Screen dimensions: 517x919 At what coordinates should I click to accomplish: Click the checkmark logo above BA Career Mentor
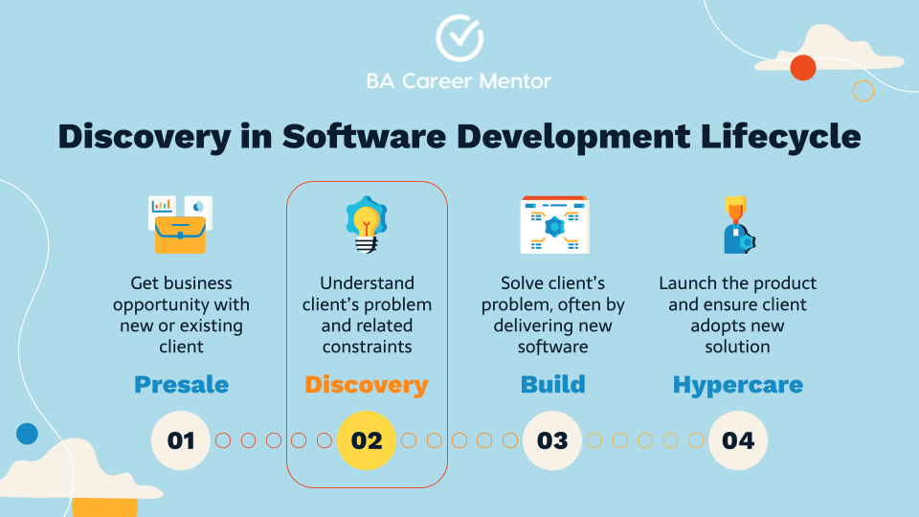click(x=459, y=36)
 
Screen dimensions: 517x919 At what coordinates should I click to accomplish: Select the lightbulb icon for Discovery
click(x=364, y=225)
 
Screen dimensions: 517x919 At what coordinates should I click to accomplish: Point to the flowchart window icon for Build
click(x=553, y=225)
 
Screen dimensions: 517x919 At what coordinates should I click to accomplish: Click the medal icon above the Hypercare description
click(x=735, y=226)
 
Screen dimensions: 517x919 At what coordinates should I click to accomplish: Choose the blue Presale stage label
click(x=181, y=385)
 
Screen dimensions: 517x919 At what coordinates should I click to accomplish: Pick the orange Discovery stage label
click(x=366, y=385)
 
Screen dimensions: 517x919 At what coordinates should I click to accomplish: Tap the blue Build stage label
click(x=552, y=385)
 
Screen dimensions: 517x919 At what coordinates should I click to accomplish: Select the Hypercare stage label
click(x=737, y=385)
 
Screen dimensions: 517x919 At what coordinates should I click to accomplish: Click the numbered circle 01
click(x=181, y=440)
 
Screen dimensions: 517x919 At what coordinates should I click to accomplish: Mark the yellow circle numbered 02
click(x=367, y=440)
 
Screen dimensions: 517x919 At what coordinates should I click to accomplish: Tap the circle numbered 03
click(x=552, y=440)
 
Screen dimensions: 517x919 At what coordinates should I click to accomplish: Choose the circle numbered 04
click(x=738, y=440)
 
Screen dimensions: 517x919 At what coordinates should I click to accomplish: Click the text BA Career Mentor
click(x=459, y=81)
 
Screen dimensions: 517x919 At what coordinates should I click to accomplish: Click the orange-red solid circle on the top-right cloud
click(x=802, y=67)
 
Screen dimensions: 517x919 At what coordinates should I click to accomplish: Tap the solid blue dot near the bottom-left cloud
click(x=27, y=434)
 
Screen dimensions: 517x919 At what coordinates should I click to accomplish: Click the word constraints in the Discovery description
click(x=367, y=347)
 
